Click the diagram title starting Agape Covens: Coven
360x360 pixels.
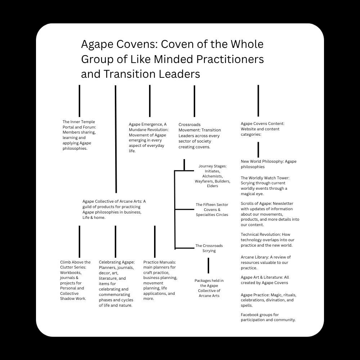click(172, 59)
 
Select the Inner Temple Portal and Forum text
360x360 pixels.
click(79, 135)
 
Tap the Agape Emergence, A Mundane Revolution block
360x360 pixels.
click(148, 138)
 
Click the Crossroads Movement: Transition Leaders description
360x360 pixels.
click(200, 136)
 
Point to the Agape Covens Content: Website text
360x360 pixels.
click(262, 129)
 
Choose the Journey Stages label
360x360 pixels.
click(212, 176)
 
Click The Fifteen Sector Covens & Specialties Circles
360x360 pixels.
click(212, 210)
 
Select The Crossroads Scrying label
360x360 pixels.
click(209, 248)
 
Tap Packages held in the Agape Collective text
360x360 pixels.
click(209, 288)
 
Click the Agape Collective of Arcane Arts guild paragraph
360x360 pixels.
click(114, 209)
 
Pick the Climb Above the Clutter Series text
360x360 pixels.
click(75, 280)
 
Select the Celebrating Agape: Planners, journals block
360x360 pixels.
click(117, 284)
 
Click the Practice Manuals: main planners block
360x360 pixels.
click(160, 280)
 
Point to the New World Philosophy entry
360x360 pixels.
click(269, 164)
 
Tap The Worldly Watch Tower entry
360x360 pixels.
click(265, 186)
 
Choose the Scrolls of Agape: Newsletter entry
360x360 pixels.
click(270, 214)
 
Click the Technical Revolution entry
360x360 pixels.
click(267, 240)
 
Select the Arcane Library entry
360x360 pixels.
click(266, 262)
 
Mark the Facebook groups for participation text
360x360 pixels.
click(268, 317)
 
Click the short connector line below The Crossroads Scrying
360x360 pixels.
click(208, 266)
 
